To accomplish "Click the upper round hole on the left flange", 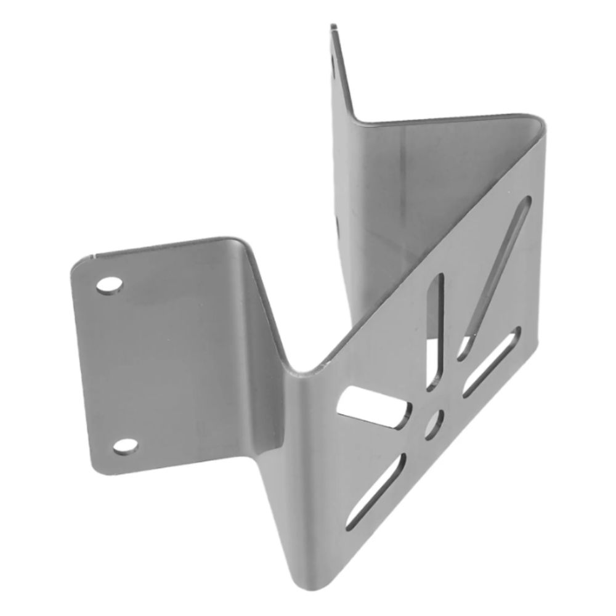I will click(109, 286).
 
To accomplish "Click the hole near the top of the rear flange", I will click(334, 62).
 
